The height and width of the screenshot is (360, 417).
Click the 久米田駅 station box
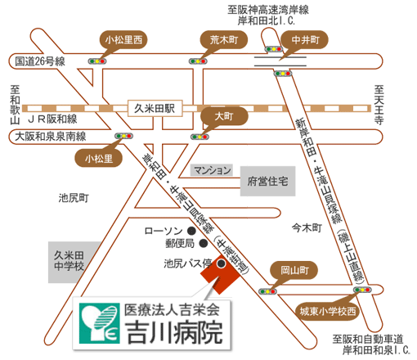pos(155,109)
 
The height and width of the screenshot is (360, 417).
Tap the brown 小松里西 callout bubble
pos(123,40)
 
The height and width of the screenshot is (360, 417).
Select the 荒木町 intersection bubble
pos(224,40)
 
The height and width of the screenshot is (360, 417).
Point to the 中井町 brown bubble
pos(305,40)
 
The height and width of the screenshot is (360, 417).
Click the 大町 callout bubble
pos(224,116)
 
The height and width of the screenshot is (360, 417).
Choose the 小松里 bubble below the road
pos(99,159)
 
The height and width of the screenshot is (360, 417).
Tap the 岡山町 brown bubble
pos(294,271)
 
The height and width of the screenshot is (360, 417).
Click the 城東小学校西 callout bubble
pos(328,311)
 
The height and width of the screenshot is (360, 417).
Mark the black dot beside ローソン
pos(191,231)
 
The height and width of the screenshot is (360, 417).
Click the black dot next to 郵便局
pos(204,243)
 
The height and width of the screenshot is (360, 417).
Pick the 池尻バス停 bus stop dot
pos(221,263)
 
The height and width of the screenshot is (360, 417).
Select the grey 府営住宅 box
pos(267,181)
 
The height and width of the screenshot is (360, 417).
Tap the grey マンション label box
pos(212,170)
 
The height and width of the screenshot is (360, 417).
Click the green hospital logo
pos(100,323)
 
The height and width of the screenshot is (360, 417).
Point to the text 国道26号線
pos(40,61)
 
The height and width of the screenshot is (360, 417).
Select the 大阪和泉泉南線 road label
pos(51,137)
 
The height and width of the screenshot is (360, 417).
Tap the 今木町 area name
pos(307,227)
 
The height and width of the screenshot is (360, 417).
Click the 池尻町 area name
pos(74,198)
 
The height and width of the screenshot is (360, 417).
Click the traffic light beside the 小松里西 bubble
pos(97,61)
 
